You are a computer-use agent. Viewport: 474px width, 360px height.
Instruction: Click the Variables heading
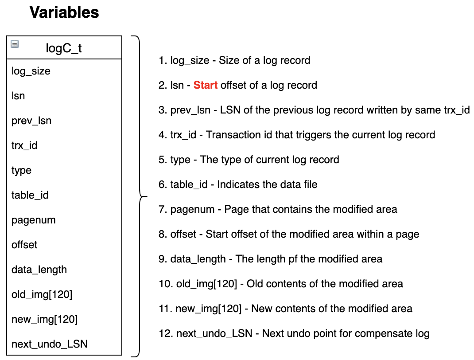click(x=64, y=12)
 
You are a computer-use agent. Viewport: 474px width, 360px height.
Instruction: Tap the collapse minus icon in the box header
click(x=15, y=44)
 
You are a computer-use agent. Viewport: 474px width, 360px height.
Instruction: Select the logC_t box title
click(x=64, y=48)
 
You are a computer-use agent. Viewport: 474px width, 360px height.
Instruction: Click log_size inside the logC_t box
click(x=31, y=71)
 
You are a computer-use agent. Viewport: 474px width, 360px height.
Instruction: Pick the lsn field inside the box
click(x=18, y=96)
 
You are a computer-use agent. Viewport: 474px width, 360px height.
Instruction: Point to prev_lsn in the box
click(x=31, y=121)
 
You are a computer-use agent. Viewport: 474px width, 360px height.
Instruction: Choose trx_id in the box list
click(x=24, y=145)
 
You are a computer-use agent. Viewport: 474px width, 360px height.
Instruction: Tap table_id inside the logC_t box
click(x=30, y=195)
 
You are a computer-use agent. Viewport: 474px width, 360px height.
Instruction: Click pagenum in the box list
click(x=34, y=220)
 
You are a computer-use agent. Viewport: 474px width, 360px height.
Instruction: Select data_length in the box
click(x=39, y=270)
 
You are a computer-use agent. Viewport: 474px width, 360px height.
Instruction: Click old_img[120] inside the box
click(x=42, y=294)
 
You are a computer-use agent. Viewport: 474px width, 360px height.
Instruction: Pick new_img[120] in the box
click(x=44, y=319)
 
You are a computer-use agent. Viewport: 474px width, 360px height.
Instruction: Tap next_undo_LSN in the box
click(x=50, y=344)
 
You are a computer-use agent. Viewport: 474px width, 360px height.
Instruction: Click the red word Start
click(x=206, y=85)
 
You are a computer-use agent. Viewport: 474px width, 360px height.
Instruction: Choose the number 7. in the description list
click(x=163, y=209)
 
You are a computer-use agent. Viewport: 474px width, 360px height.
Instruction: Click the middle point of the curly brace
click(x=144, y=197)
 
